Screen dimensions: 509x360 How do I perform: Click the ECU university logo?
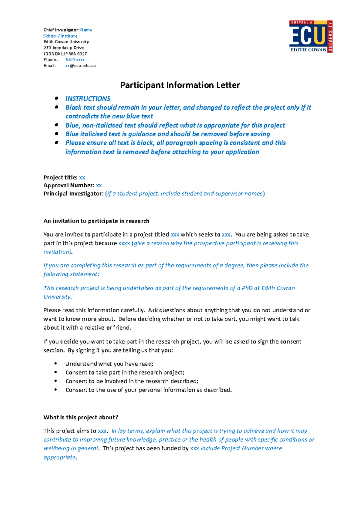point(310,36)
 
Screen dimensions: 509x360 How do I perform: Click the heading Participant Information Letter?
point(180,85)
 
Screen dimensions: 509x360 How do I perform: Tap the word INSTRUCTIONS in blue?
point(88,99)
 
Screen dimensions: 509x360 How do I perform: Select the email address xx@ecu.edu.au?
point(80,66)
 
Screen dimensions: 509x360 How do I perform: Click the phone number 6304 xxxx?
point(75,60)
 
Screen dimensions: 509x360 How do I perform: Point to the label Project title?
point(60,177)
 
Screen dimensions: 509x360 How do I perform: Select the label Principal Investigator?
point(73,194)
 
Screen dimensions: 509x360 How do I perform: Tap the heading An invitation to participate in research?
point(96,221)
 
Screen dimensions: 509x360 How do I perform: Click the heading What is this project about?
point(81,417)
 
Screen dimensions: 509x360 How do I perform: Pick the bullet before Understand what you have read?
point(55,364)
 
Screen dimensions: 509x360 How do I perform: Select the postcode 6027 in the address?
point(82,54)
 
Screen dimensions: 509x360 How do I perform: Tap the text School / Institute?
point(60,36)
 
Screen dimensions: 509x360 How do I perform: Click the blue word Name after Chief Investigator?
point(86,30)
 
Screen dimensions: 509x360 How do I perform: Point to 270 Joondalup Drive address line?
point(64,48)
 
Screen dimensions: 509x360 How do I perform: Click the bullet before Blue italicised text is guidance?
point(56,134)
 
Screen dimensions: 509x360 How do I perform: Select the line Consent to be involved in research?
point(132,381)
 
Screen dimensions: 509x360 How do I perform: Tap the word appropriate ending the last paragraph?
point(59,457)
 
